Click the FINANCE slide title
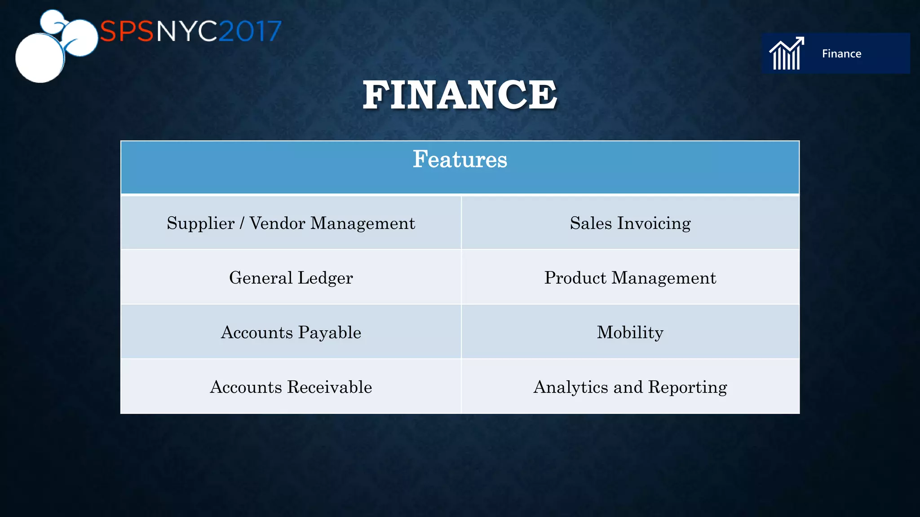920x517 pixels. click(x=460, y=95)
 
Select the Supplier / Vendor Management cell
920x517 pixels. click(x=291, y=223)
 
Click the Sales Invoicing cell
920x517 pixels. click(x=630, y=223)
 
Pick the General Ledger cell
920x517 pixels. click(x=291, y=278)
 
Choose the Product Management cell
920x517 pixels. click(x=630, y=278)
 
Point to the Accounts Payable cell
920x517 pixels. click(x=291, y=333)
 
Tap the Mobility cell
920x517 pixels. click(x=630, y=333)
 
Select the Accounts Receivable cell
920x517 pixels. click(x=291, y=387)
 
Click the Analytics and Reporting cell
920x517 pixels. click(x=630, y=387)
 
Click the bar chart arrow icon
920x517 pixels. click(x=787, y=53)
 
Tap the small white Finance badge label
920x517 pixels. click(x=841, y=54)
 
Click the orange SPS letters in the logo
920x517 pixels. click(x=127, y=31)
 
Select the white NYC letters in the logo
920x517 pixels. click(x=186, y=31)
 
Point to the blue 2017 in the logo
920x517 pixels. click(x=250, y=31)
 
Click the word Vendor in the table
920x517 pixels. click(x=277, y=223)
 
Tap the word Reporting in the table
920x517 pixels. click(x=687, y=387)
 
